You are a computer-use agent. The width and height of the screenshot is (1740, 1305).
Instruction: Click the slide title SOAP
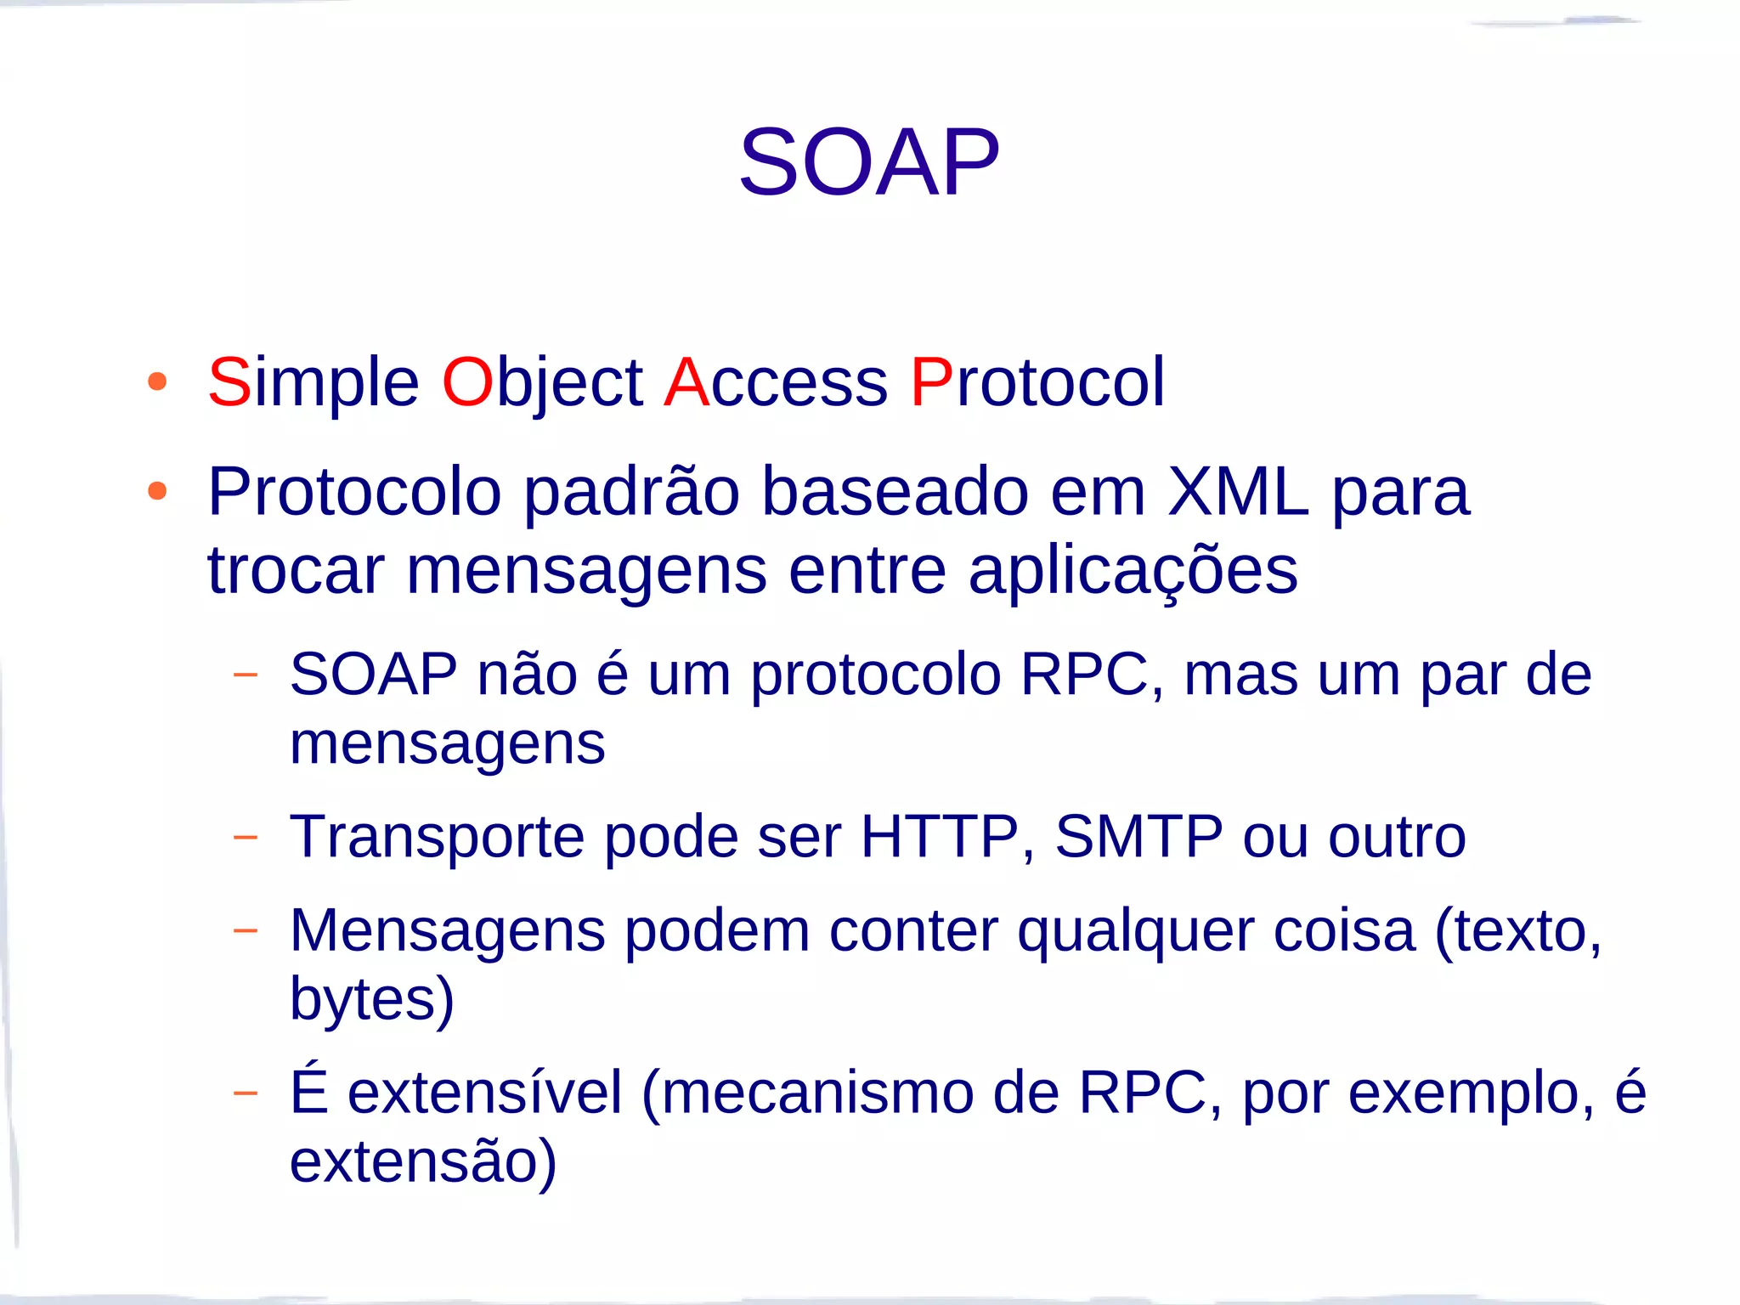869,161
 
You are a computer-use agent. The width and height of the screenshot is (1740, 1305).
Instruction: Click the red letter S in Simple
229,382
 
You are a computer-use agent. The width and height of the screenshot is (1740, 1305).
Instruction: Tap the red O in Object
467,382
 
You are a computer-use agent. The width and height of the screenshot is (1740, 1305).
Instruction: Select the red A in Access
686,382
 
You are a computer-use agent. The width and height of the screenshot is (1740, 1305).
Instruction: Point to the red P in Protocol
931,382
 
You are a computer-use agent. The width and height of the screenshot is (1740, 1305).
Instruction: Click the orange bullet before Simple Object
157,381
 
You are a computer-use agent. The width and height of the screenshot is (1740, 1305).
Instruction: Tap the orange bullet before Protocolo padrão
157,491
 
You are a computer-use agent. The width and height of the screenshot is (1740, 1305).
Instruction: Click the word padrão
631,493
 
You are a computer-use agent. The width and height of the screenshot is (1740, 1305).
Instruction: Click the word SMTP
1138,837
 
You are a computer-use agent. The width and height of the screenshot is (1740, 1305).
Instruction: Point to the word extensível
485,1093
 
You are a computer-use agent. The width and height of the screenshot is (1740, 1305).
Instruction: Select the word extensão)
423,1161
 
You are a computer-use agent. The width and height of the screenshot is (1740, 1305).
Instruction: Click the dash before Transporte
245,837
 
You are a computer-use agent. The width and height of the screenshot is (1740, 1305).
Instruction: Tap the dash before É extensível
245,1092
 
